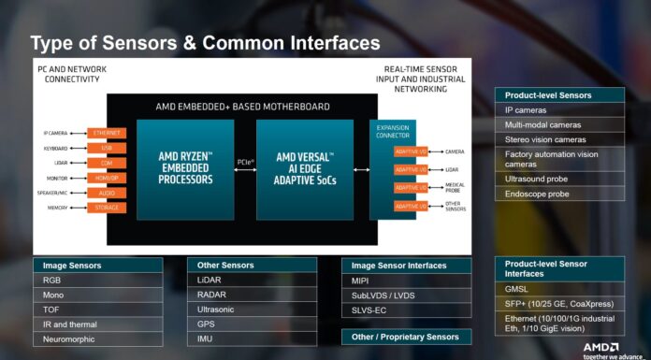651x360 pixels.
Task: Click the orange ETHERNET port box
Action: pos(107,133)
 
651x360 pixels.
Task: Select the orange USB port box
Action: pos(107,148)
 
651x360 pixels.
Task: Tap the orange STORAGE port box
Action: pos(107,208)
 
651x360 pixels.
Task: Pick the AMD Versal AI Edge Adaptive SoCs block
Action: pos(305,169)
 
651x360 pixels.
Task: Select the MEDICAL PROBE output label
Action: pos(455,187)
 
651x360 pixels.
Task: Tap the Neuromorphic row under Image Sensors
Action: pos(97,338)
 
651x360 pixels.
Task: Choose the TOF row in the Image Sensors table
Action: pos(97,309)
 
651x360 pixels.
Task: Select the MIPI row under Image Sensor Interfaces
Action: pos(405,281)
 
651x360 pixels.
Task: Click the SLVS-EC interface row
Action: pos(405,310)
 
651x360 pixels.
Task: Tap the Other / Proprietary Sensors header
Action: pos(405,337)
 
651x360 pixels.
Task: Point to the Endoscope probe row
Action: pos(558,194)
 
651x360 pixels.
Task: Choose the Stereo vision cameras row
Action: pos(558,138)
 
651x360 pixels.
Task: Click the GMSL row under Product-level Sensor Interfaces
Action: pos(558,290)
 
